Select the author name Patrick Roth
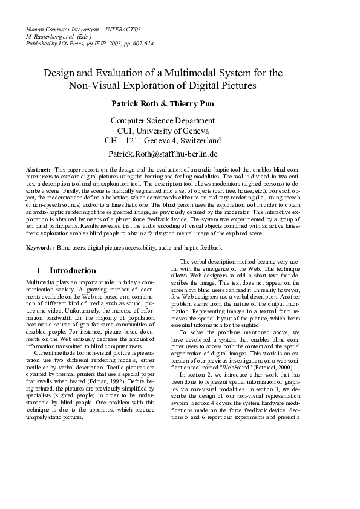click(138, 103)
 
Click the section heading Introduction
click(73, 270)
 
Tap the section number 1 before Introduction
click(39, 270)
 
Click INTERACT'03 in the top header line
click(122, 29)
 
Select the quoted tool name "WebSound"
click(218, 383)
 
